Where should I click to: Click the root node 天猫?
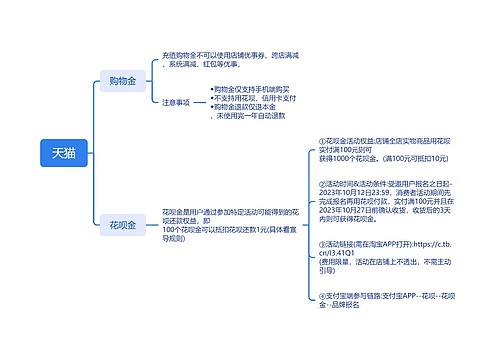(x=62, y=153)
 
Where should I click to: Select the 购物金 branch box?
(x=122, y=80)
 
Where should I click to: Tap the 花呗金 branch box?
(x=122, y=226)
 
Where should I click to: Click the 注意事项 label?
(x=176, y=102)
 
